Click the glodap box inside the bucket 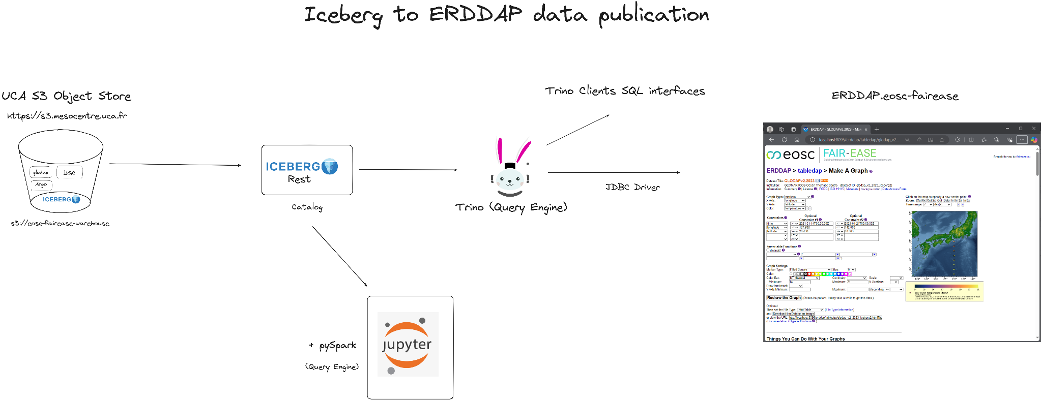tap(41, 172)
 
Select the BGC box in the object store tap(69, 173)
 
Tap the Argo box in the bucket tap(41, 184)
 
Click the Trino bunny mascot tap(511, 168)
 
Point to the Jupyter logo tap(408, 344)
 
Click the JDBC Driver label tap(632, 187)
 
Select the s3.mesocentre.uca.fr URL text tap(67, 116)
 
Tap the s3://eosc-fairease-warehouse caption tap(60, 223)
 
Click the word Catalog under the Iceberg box tap(307, 207)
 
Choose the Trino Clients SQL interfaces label tap(625, 91)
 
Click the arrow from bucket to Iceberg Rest tap(175, 164)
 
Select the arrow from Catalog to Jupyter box tap(339, 256)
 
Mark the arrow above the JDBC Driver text tap(614, 172)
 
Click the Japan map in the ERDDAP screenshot tap(944, 243)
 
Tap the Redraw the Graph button tap(784, 298)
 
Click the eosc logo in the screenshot tap(791, 155)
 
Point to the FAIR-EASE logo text tap(850, 153)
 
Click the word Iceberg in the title tap(343, 15)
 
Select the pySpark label tap(337, 346)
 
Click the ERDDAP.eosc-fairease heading tap(894, 96)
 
